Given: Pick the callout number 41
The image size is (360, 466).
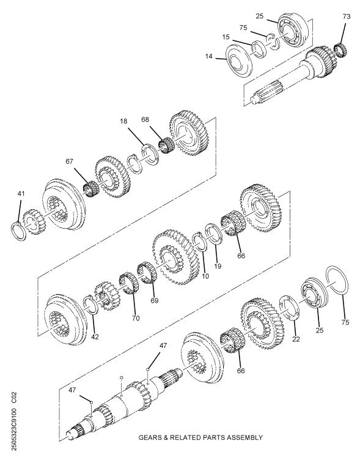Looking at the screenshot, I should (x=21, y=194).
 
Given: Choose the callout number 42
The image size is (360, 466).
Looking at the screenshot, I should (x=94, y=336).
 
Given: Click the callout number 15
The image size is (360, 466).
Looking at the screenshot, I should (x=226, y=37).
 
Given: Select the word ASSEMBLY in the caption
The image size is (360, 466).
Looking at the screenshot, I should (x=243, y=437).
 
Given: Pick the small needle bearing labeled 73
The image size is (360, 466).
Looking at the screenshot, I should (x=342, y=49).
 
